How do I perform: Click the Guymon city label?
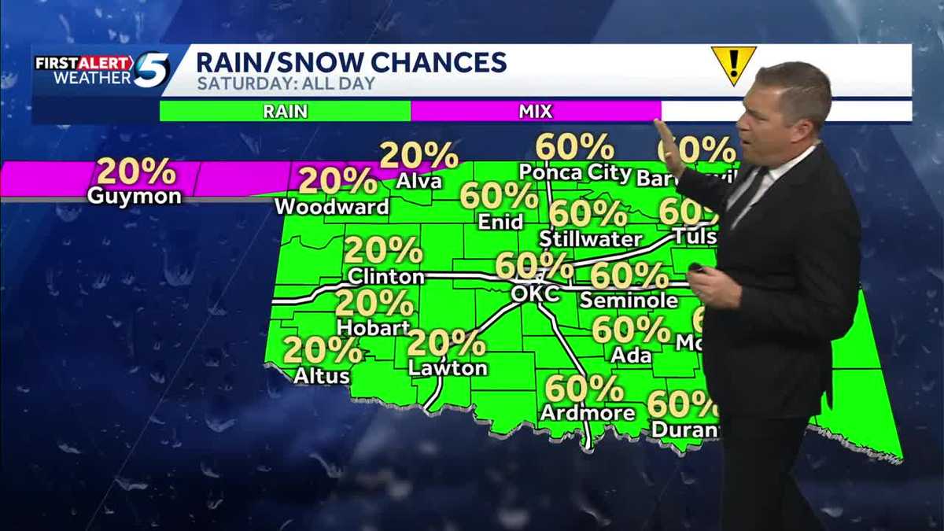pyautogui.click(x=134, y=197)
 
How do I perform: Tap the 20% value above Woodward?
pyautogui.click(x=337, y=181)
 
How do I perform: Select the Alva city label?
pyautogui.click(x=419, y=182)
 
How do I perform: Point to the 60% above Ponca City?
pyautogui.click(x=574, y=146)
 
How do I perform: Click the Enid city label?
pyautogui.click(x=500, y=223)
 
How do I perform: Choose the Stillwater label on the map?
pyautogui.click(x=592, y=238)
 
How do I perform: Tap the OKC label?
pyautogui.click(x=535, y=293)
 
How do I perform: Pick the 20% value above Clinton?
pyautogui.click(x=383, y=251)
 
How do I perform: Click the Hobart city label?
pyautogui.click(x=374, y=327)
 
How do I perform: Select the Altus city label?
pyautogui.click(x=322, y=377)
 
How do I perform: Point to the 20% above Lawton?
pyautogui.click(x=446, y=343)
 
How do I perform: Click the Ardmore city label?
pyautogui.click(x=588, y=413)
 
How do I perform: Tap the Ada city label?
pyautogui.click(x=631, y=356)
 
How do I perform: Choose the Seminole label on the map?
pyautogui.click(x=629, y=301)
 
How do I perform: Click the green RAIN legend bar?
pyautogui.click(x=285, y=111)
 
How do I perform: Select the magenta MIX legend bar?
pyautogui.click(x=535, y=111)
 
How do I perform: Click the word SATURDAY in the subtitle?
pyautogui.click(x=229, y=83)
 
